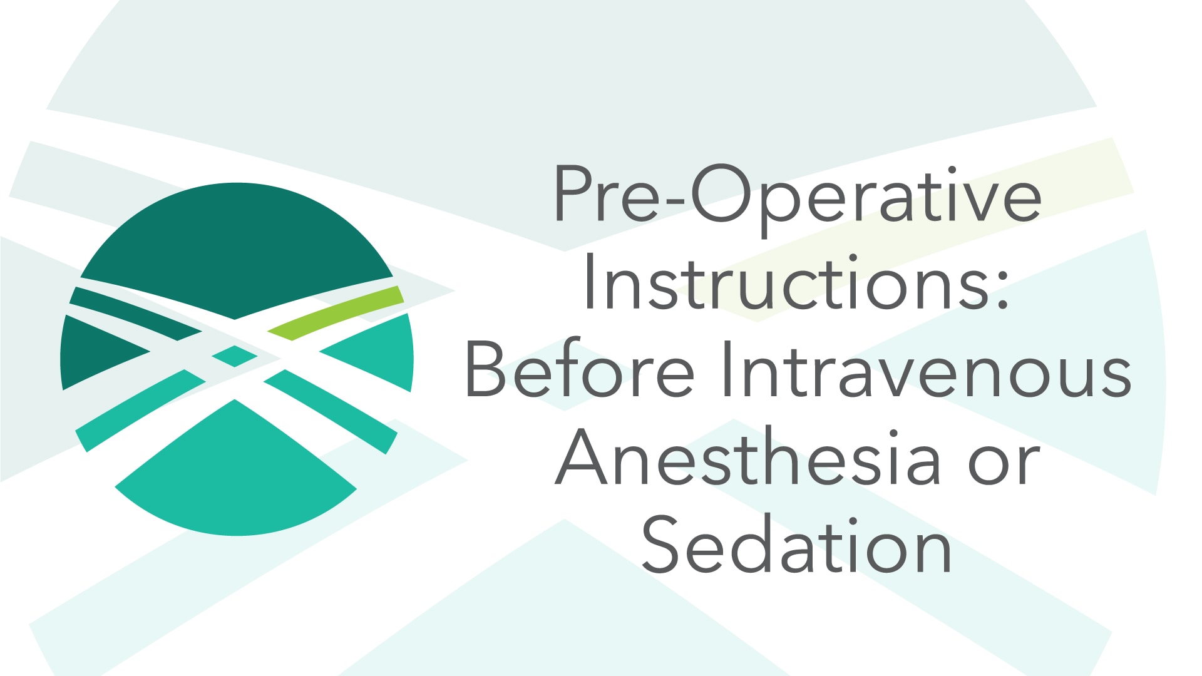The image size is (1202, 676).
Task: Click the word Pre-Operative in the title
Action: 797,195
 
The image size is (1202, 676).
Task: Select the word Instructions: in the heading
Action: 795,283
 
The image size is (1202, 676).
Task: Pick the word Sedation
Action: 796,546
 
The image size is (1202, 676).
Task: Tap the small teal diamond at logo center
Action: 235,356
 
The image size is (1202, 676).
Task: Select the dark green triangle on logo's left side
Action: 94,354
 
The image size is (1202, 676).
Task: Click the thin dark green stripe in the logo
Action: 135,312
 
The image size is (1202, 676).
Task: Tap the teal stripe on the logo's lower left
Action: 138,410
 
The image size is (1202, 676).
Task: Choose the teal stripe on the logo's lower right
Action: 332,410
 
